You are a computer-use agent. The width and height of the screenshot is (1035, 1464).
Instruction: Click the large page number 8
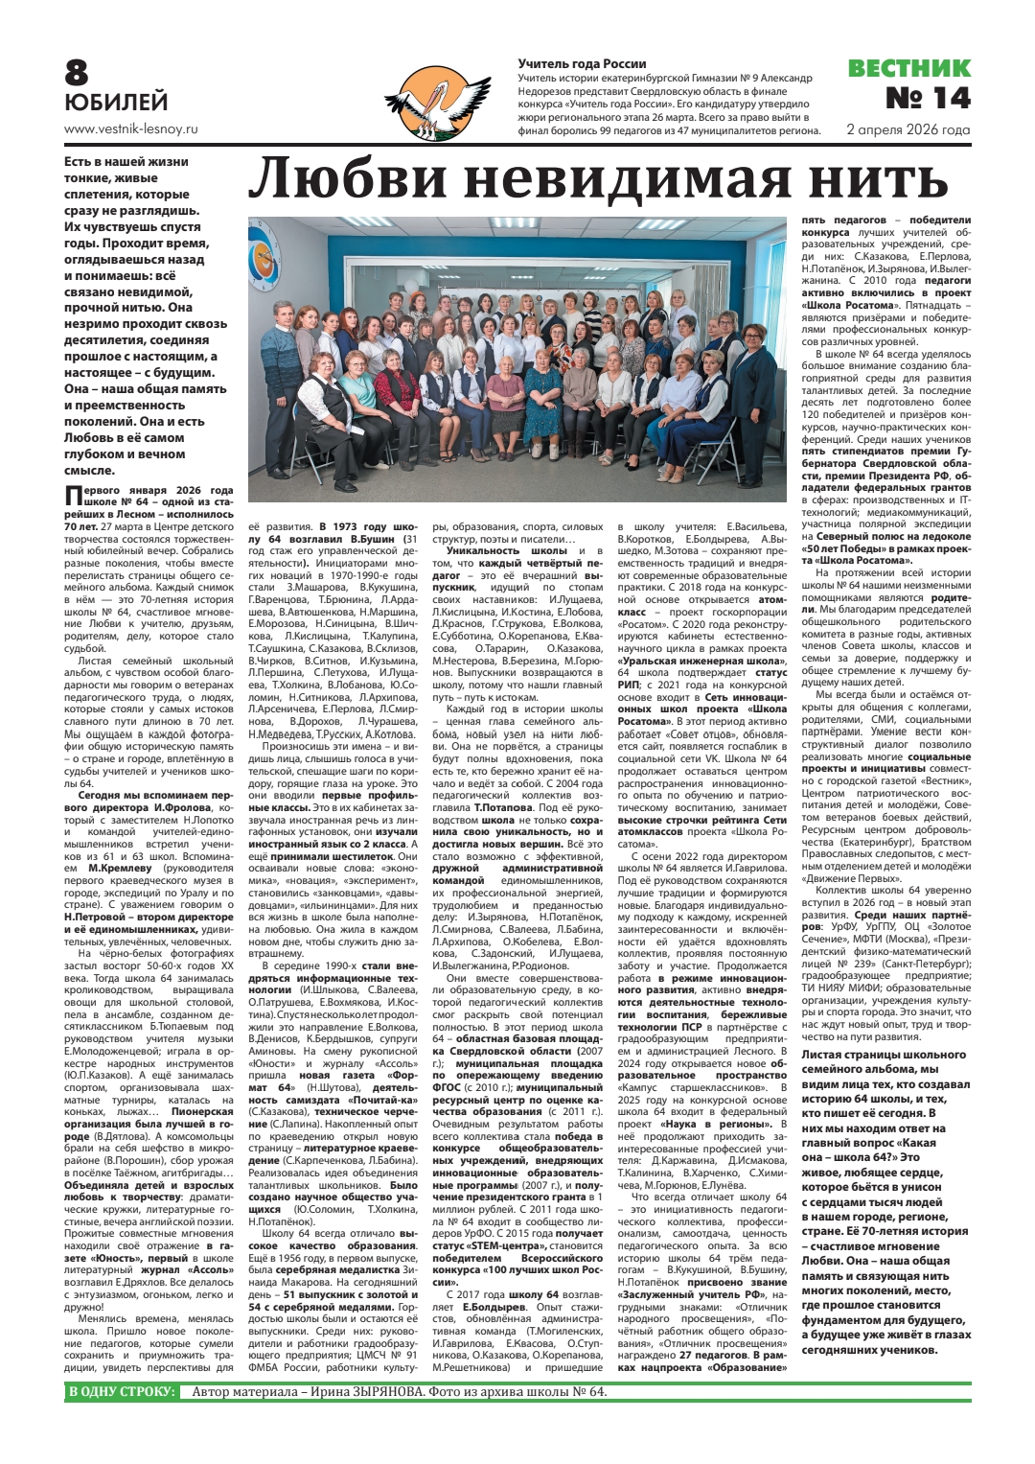tap(76, 73)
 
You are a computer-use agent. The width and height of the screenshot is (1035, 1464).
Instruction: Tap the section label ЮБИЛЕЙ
tap(116, 103)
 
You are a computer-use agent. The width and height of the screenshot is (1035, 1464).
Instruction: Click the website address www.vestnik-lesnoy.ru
tap(130, 128)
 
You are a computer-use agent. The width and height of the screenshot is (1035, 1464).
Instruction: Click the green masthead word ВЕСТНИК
tap(908, 68)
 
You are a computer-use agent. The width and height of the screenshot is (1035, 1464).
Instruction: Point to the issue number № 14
tap(927, 98)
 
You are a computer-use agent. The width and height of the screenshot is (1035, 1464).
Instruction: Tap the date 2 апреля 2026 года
tap(908, 129)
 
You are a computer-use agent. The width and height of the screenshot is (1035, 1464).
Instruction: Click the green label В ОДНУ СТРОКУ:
tap(121, 1392)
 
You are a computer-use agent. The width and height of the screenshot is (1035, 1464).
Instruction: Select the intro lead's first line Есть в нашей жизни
tap(126, 162)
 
